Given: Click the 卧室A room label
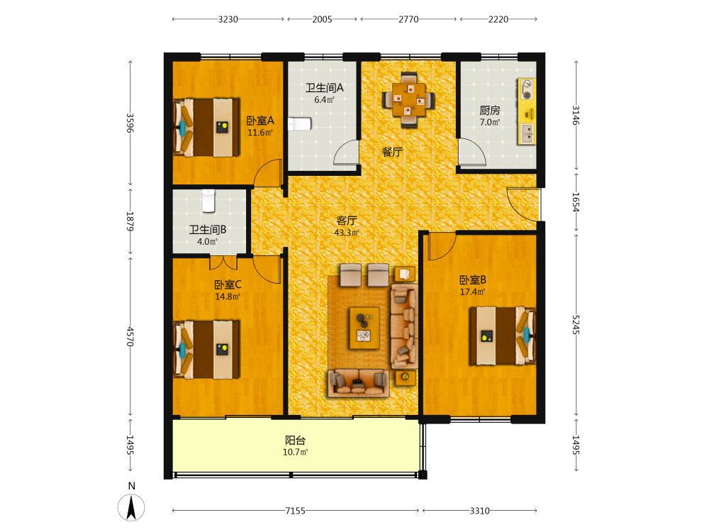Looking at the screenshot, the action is point(260,121).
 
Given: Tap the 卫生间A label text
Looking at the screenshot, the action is point(324,88).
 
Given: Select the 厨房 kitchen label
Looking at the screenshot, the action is point(490,111).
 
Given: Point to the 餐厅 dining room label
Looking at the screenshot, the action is point(392,152).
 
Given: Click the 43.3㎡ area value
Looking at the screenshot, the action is point(347,233).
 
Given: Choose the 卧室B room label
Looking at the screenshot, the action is point(472,280).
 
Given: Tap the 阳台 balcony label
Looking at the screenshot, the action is point(295,440).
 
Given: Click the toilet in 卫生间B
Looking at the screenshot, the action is point(208,201).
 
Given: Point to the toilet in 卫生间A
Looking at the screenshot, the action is point(300,124).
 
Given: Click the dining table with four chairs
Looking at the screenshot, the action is point(409,99).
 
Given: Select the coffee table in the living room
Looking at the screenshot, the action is point(364,328).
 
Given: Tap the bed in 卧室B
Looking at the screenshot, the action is point(503,336).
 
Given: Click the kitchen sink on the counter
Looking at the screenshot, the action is point(527,133).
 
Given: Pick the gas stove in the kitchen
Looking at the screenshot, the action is point(527,89).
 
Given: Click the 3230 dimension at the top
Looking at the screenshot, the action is point(228,19).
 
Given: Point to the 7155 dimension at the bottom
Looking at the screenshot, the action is point(295,511).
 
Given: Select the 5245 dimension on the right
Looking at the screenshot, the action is point(576,325).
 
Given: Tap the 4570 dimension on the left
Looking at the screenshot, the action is point(130,336).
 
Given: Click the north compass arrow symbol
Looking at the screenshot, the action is point(131,508).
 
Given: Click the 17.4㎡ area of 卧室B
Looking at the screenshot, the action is point(472,292).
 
